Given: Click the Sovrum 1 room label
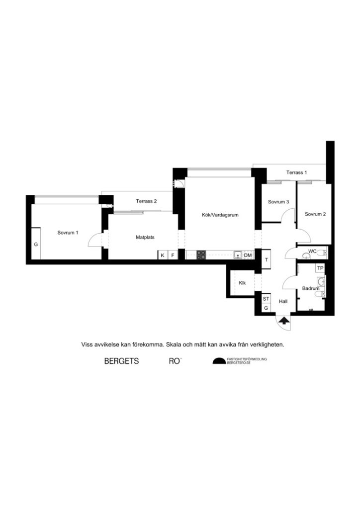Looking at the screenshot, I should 68,232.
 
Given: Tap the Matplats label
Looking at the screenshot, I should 145,237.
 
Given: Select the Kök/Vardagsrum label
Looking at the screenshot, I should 218,215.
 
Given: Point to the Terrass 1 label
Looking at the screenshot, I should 296,172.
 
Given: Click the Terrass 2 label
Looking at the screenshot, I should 146,201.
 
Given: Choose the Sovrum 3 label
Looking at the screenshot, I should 278,202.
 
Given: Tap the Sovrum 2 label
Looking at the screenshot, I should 315,214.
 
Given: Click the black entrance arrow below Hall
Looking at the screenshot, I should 283,321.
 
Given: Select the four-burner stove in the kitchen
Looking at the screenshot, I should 201,255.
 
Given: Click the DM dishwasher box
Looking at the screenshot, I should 248,255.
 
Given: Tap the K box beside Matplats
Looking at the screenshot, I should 163,255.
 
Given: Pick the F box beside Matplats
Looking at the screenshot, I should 173,255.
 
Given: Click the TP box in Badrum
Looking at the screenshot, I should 321,268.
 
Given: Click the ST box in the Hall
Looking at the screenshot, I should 266,299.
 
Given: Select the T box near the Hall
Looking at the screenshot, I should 267,260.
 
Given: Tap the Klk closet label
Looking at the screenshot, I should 242,283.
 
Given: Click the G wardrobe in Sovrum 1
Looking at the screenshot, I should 36,245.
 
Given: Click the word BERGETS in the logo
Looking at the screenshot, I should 121,361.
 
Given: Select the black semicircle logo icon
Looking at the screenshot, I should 219,361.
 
